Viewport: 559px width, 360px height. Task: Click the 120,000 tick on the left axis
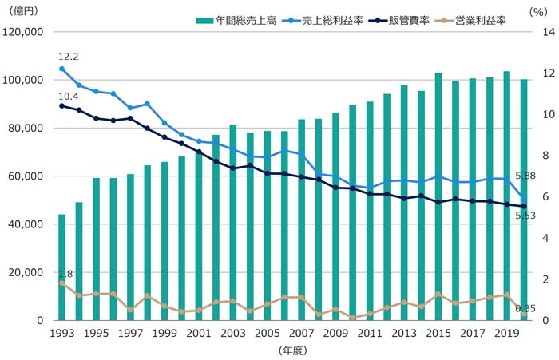point(30,33)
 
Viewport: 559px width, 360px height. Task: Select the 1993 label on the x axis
point(61,333)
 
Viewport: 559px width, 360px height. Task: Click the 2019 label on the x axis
point(508,333)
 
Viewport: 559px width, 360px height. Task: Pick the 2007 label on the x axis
point(302,333)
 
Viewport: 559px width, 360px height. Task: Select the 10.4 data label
point(68,96)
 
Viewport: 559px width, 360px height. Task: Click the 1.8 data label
point(65,274)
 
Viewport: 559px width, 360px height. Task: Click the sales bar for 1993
point(61,267)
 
